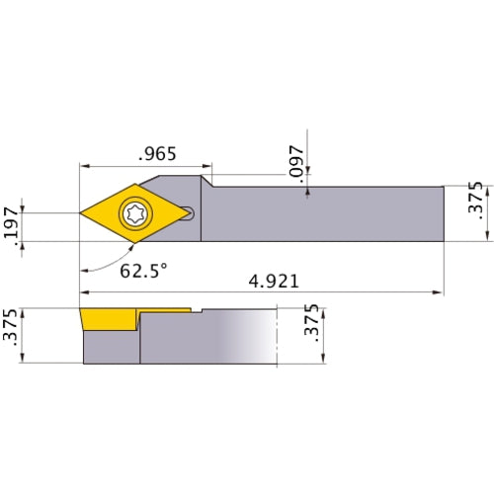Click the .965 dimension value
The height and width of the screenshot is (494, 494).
click(159, 154)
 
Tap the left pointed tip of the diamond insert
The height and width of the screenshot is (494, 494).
click(81, 211)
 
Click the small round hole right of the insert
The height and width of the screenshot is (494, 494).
click(191, 211)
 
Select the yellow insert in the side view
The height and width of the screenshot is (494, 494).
click(109, 319)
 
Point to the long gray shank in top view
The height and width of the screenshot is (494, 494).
click(326, 211)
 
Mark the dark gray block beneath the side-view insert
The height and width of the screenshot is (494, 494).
click(111, 346)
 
